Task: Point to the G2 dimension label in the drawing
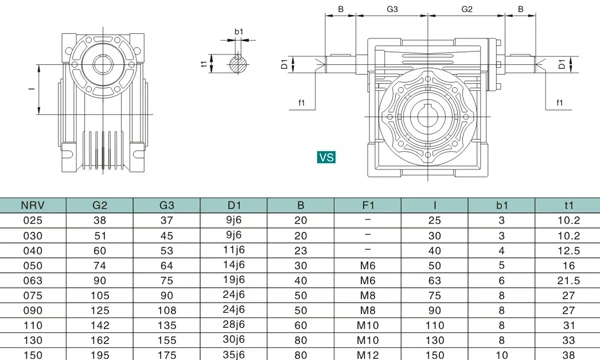pos(466,9)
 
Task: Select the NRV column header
pos(32,206)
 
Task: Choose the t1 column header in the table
pos(568,206)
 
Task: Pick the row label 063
pos(32,282)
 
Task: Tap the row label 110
pos(32,325)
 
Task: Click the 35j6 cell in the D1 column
pos(233,353)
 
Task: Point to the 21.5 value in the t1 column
pos(568,282)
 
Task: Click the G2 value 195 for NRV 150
pos(100,353)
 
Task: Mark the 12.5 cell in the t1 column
pos(568,250)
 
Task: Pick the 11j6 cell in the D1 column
pos(233,250)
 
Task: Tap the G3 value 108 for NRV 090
pos(166,310)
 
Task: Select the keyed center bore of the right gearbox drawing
pos(431,117)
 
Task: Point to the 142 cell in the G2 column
pos(100,325)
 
